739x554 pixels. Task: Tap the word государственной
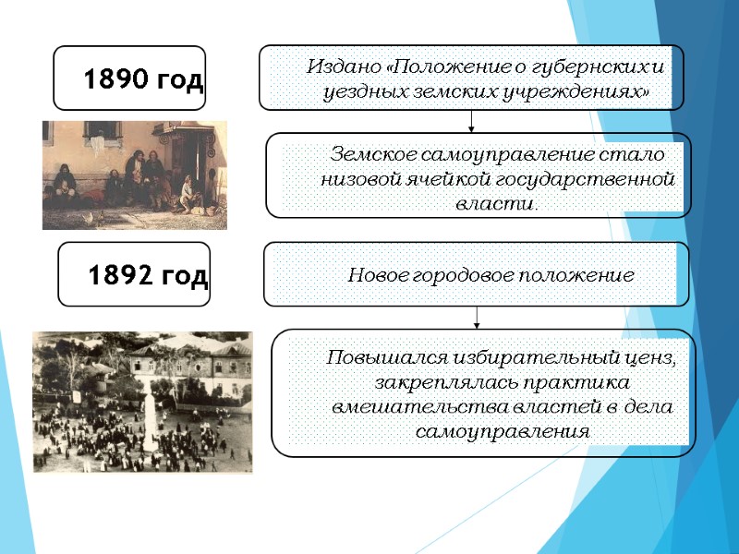point(587,178)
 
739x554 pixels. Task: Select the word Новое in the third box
point(374,275)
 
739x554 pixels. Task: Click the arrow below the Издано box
point(472,121)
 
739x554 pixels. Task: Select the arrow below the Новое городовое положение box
point(477,317)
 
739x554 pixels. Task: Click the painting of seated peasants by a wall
point(134,175)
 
